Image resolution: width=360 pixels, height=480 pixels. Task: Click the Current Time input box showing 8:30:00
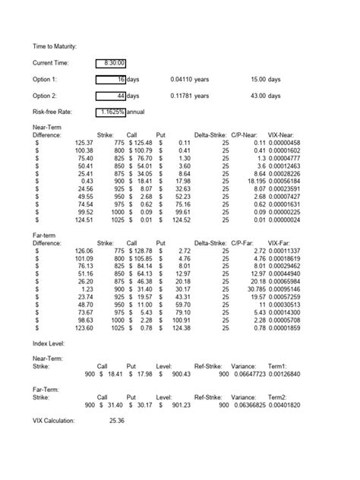(112, 62)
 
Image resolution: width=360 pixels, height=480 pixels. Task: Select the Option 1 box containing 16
(112, 79)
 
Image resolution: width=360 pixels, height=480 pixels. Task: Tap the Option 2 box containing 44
(112, 96)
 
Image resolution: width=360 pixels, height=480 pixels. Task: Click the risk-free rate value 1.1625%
(112, 112)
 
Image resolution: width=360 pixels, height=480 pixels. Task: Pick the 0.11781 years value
(189, 96)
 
